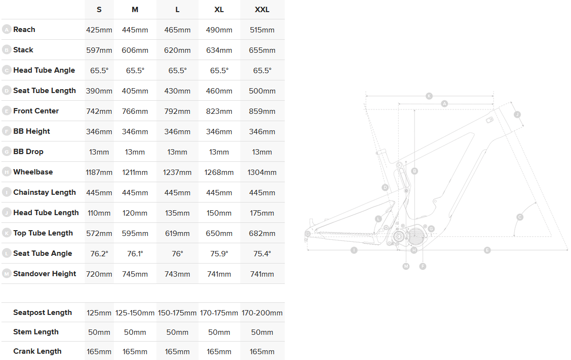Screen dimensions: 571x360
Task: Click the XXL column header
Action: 262,10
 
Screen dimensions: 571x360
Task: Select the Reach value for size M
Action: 135,30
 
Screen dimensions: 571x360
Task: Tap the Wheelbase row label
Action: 33,172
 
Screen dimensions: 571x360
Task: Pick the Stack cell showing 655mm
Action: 262,50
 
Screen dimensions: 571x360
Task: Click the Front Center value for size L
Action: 177,111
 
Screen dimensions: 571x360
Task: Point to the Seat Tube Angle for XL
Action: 219,253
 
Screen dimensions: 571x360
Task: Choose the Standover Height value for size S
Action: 99,274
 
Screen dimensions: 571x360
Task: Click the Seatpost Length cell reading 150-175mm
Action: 177,313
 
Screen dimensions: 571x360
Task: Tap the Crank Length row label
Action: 37,351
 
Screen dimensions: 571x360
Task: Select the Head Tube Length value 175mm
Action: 262,213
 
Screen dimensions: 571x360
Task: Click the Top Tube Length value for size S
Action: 99,234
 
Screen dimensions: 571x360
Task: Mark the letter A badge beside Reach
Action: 7,30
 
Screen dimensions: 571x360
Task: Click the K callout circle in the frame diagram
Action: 429,96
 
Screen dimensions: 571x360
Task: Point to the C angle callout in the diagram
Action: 520,217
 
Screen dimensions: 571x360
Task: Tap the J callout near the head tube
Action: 517,114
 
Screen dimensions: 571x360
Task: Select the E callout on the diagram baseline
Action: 487,250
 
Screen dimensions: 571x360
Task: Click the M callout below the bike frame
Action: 406,266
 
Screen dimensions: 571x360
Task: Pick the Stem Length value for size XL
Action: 219,332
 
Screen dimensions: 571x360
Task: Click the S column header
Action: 99,10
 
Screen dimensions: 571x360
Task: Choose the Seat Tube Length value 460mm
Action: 219,91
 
